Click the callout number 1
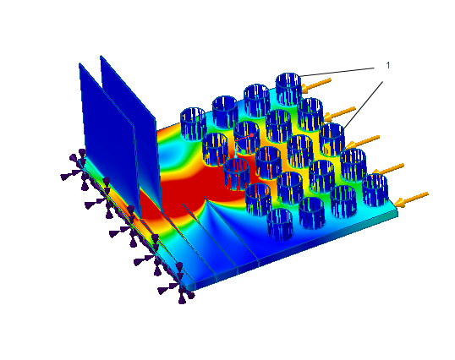click(x=388, y=66)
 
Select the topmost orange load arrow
click(x=316, y=85)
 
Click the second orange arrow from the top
click(x=339, y=114)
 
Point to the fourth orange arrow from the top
click(x=388, y=170)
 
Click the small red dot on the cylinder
click(x=252, y=135)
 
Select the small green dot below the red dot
click(x=244, y=151)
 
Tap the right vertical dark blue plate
click(x=130, y=128)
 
